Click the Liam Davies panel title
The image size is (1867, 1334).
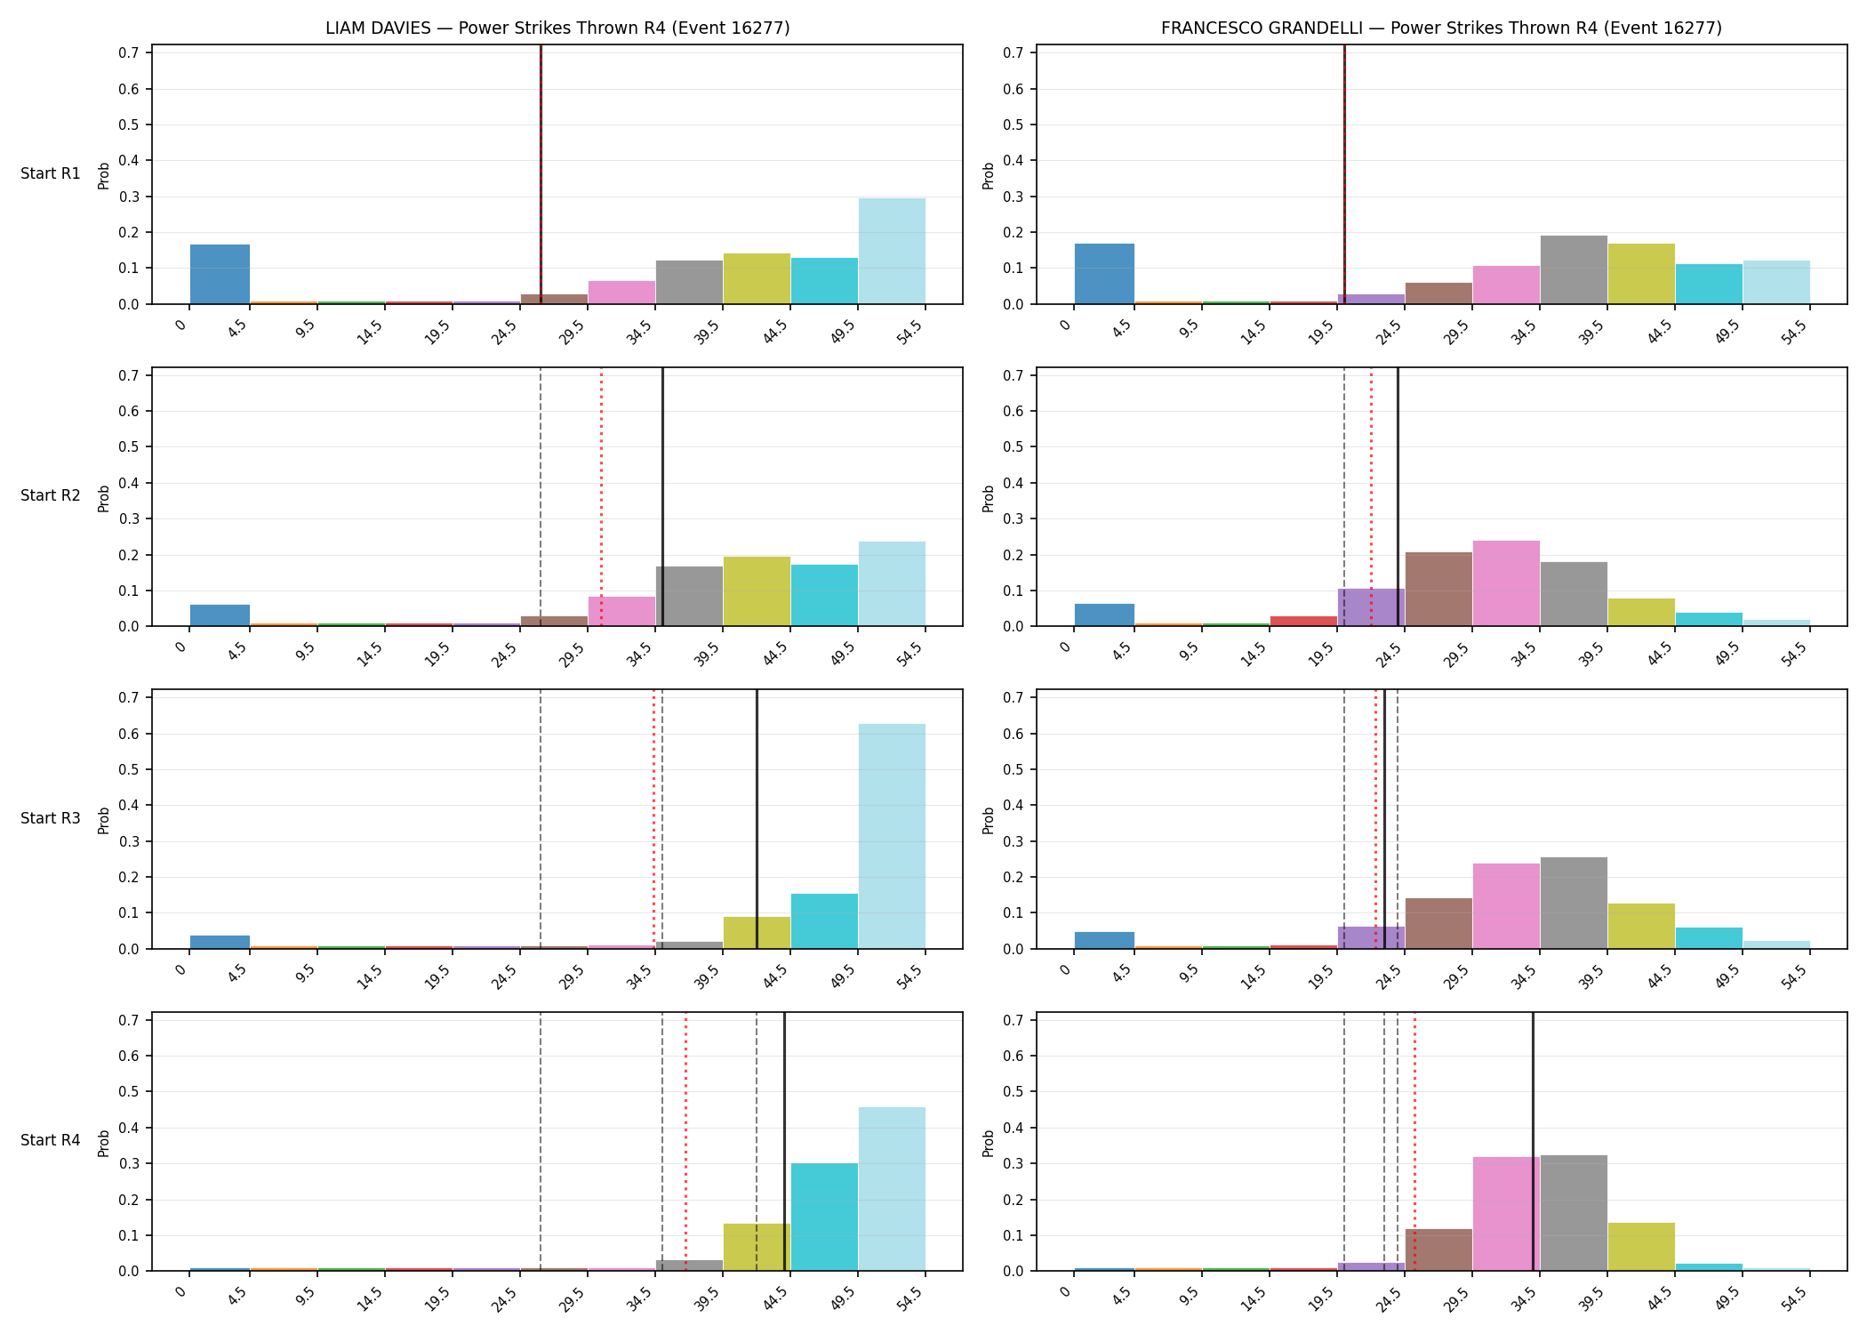pos(557,28)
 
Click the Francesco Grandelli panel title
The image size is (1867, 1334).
pos(1441,28)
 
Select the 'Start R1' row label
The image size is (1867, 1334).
pos(51,173)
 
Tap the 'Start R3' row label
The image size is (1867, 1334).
pos(51,818)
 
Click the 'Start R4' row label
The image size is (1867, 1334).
pos(51,1140)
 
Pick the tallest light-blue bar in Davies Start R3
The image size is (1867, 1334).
pos(892,836)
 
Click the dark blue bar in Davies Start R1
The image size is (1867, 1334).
pos(220,274)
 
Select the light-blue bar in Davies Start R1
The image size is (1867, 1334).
pos(892,251)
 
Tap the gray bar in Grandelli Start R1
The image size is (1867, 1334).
pos(1574,269)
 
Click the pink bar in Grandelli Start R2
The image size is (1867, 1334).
pos(1506,583)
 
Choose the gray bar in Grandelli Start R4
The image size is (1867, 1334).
pos(1574,1213)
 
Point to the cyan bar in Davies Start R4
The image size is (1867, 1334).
pos(824,1217)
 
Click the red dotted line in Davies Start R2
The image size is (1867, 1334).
pos(601,497)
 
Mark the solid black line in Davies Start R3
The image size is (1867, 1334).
pos(757,819)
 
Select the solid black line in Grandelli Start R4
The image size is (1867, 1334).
pos(1533,1142)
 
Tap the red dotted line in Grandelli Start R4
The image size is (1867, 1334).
pos(1414,1142)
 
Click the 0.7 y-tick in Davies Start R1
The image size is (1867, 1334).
pos(129,52)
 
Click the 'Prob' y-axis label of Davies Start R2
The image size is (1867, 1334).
pos(104,498)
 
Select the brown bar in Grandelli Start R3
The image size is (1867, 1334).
pos(1438,923)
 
